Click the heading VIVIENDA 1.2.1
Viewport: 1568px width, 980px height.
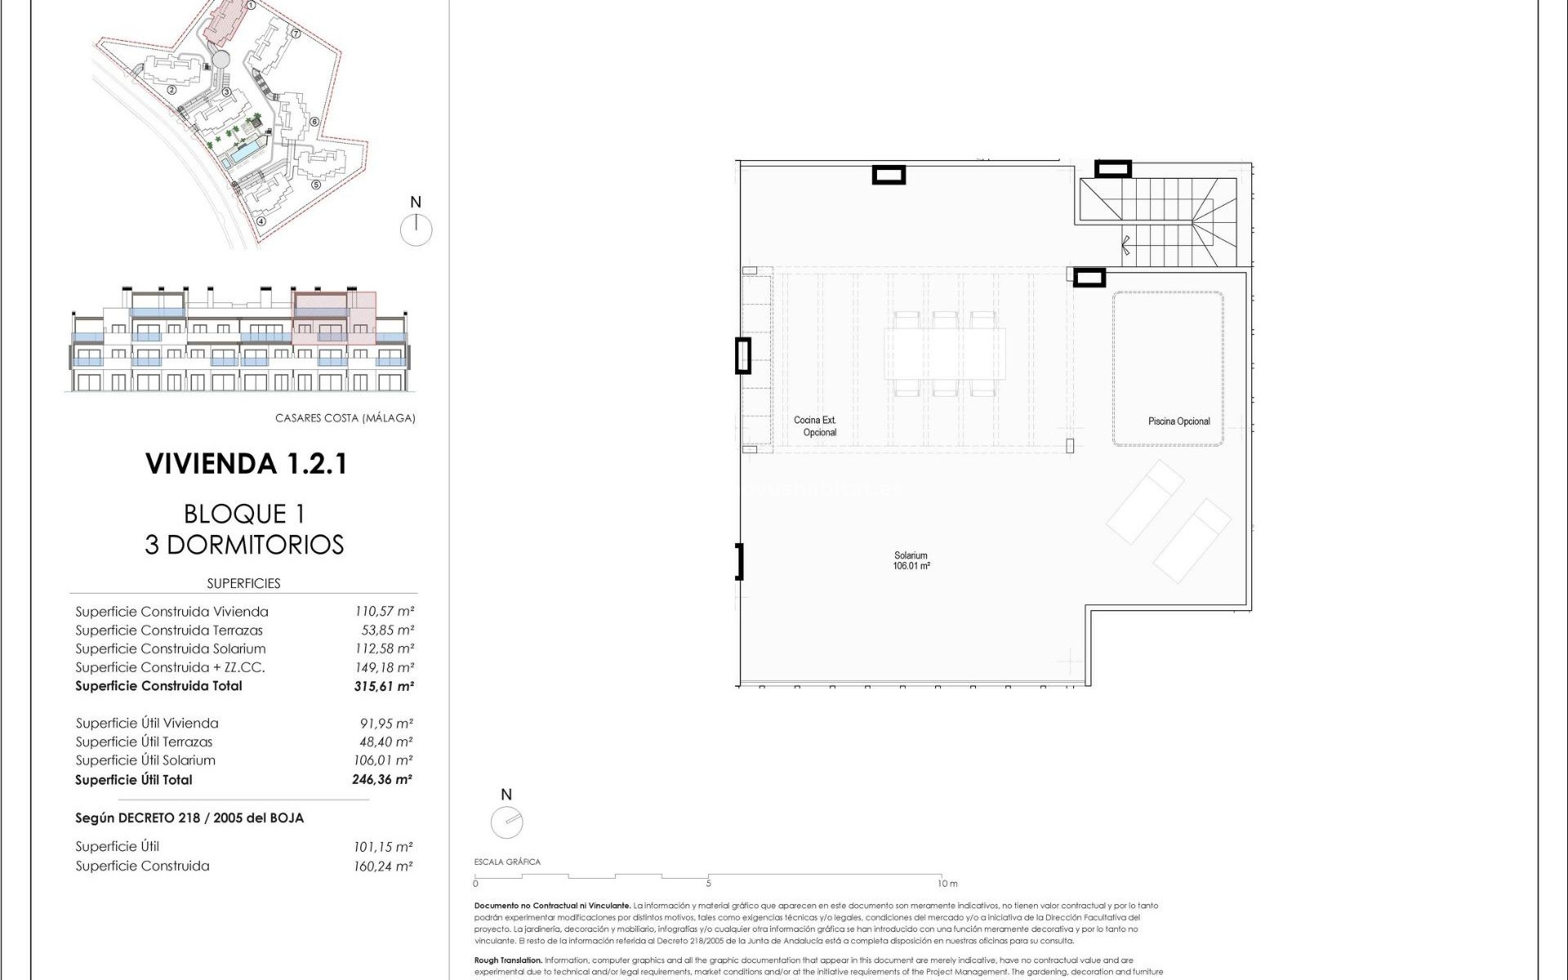[247, 464]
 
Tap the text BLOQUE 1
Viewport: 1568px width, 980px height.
[244, 514]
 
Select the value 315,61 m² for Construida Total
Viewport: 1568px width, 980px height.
[383, 686]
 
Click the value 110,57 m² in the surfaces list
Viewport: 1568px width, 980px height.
[384, 611]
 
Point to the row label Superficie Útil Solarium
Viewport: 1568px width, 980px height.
[145, 760]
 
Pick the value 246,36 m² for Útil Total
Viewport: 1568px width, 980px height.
[381, 779]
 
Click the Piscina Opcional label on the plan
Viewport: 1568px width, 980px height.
[1178, 421]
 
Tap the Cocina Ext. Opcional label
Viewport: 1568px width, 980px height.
[815, 426]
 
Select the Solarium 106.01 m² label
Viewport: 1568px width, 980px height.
[911, 560]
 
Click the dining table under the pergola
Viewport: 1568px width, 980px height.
[944, 353]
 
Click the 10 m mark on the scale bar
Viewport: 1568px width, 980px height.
[947, 884]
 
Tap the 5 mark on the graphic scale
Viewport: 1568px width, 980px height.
[708, 884]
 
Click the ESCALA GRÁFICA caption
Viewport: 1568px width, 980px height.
[507, 862]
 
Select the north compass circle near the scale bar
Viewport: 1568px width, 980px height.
[506, 822]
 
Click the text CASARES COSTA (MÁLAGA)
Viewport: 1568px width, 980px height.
[345, 418]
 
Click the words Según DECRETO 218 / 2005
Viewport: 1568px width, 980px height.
[189, 817]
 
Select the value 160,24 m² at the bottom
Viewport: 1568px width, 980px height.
[382, 866]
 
